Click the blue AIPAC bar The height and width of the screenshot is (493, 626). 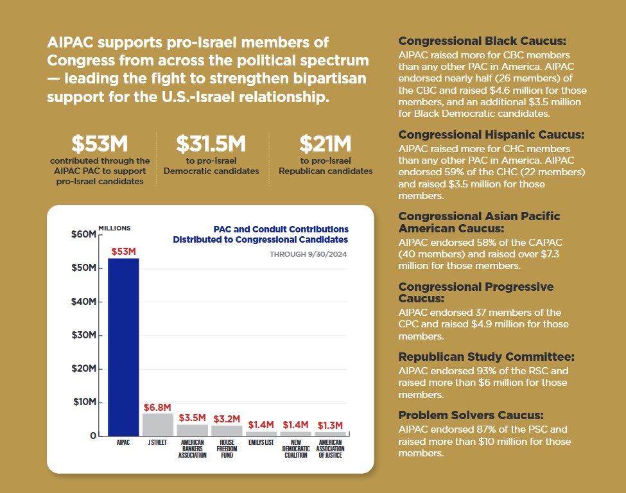click(123, 347)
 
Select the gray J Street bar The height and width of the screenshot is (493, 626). click(158, 424)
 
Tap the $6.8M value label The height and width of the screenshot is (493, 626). click(157, 408)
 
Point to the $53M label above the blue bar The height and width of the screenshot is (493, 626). click(124, 252)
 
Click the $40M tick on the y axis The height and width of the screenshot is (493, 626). click(85, 302)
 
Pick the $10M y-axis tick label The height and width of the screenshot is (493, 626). click(85, 402)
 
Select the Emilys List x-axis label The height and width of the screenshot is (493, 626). click(261, 443)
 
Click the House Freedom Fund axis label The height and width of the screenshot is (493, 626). click(227, 449)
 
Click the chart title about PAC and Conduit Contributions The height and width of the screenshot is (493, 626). click(261, 234)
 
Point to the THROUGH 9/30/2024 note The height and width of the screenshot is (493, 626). click(309, 254)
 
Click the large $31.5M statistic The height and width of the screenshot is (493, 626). click(211, 144)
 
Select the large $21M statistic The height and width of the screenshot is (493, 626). click(325, 144)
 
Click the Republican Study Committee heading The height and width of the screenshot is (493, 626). click(487, 357)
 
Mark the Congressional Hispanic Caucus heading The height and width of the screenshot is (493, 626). click(492, 135)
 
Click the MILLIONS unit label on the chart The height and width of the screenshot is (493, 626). click(114, 228)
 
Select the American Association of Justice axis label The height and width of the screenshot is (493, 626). click(331, 449)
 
